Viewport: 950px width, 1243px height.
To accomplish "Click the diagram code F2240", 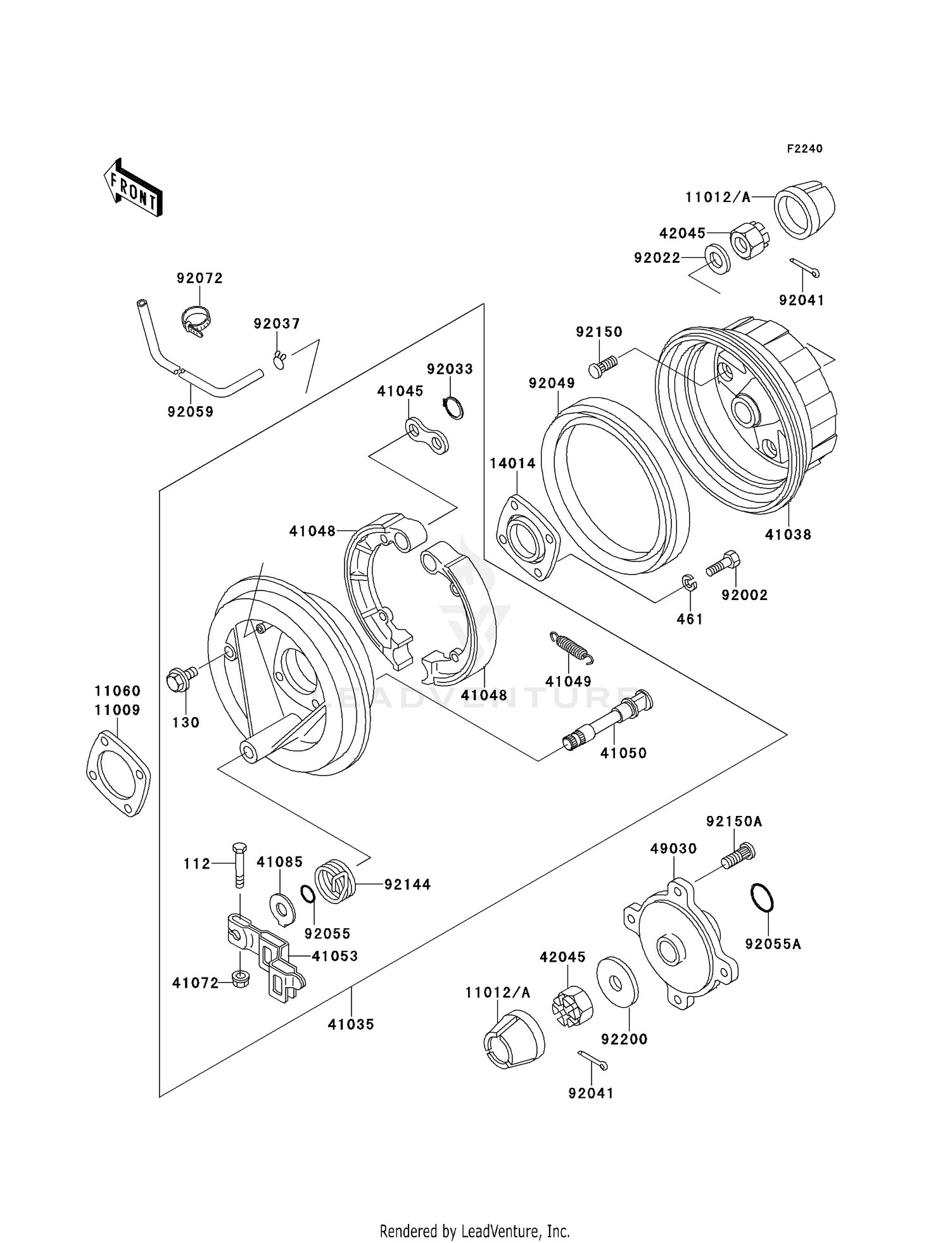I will (804, 149).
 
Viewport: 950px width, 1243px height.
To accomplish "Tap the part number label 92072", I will (199, 278).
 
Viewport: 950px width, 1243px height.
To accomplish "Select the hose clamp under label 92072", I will (194, 319).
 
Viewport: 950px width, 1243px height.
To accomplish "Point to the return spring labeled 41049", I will (572, 648).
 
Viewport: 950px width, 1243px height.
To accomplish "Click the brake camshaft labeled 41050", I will (607, 722).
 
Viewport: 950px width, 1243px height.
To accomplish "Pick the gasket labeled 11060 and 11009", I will (118, 774).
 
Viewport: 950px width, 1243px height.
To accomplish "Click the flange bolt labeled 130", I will (178, 680).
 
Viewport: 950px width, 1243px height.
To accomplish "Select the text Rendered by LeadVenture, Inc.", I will (474, 1231).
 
